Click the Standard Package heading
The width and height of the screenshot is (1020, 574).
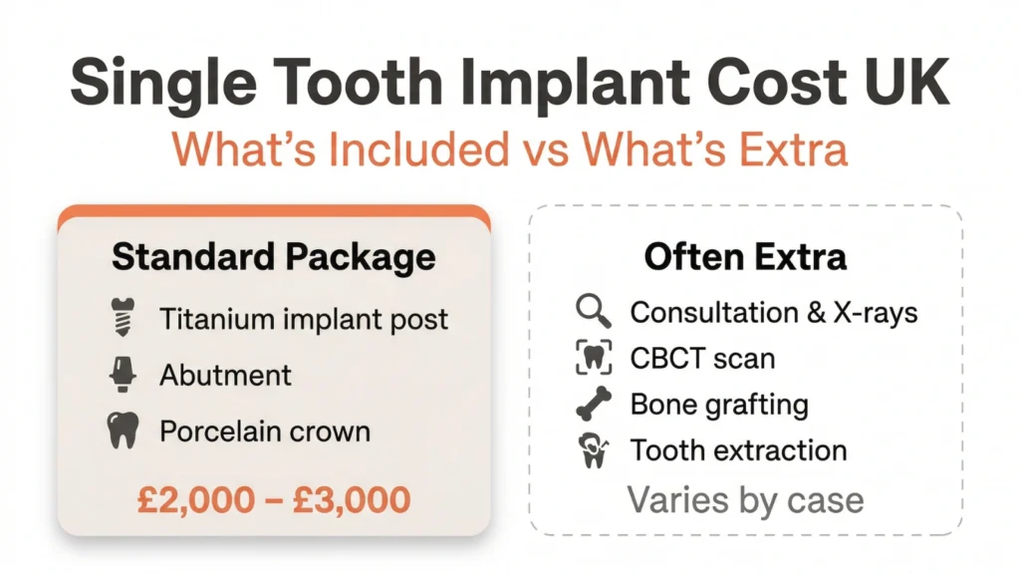coord(273,256)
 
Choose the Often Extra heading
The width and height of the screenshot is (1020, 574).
coord(745,256)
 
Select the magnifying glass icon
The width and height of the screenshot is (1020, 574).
coord(594,311)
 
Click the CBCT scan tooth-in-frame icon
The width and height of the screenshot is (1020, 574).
coord(594,358)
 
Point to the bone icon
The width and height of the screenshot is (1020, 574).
coord(594,405)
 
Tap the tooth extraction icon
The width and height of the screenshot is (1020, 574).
coord(594,450)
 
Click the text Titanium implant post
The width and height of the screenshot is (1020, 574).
coord(304,319)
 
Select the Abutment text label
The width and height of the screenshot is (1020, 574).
coord(225,375)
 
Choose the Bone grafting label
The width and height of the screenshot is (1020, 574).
coord(719,405)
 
